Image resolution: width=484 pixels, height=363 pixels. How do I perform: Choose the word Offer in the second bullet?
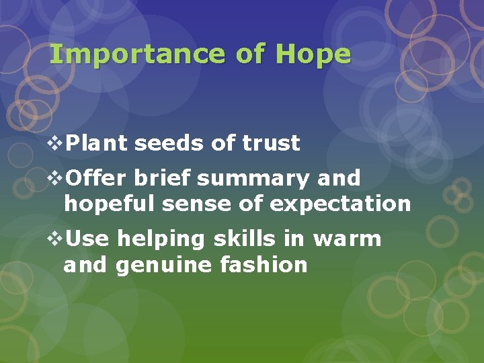click(97, 178)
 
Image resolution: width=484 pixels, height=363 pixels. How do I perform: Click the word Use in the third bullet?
click(87, 239)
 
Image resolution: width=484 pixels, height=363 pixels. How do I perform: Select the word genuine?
click(164, 266)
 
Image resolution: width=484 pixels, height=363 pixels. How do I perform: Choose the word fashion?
click(264, 264)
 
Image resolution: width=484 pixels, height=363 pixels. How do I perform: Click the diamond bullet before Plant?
click(56, 143)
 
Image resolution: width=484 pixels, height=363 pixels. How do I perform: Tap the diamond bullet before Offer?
click(56, 178)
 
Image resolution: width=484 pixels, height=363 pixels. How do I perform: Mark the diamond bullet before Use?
click(56, 239)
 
